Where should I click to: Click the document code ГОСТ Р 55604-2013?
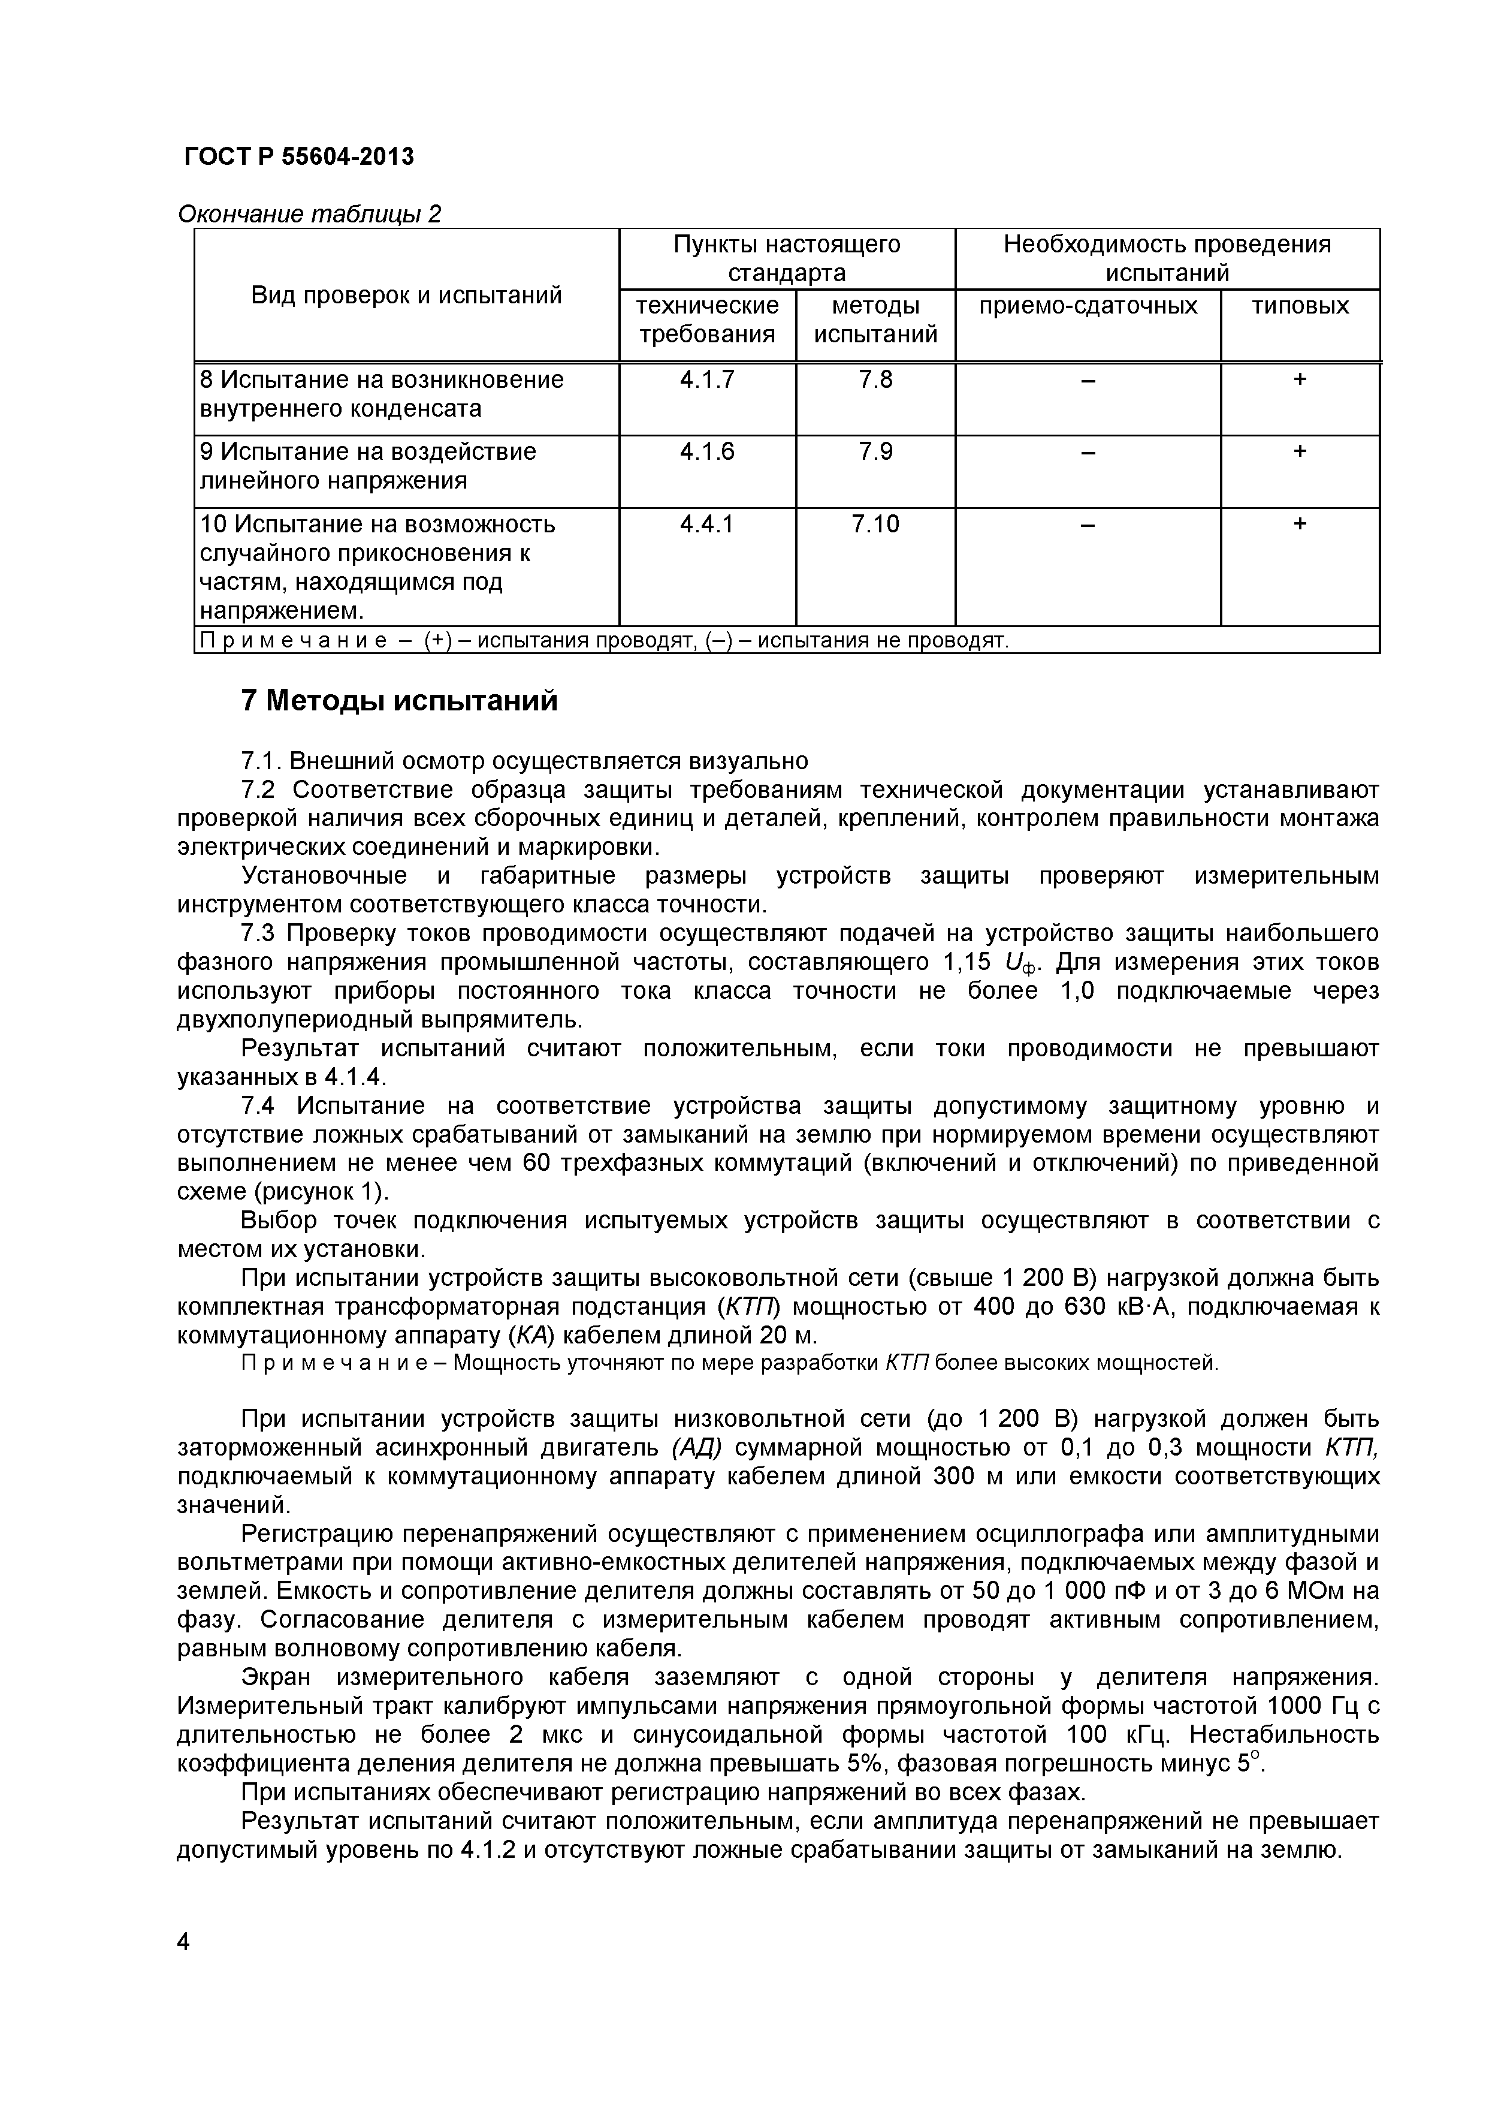[x=298, y=158]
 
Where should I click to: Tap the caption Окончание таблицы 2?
[x=309, y=215]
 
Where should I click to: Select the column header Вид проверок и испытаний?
[x=406, y=295]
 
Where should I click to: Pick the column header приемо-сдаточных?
[x=1088, y=306]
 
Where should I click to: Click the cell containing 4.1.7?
[x=707, y=379]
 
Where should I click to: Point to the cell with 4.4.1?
[x=707, y=524]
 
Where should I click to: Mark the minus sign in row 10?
[x=1088, y=525]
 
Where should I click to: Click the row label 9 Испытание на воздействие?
[x=368, y=451]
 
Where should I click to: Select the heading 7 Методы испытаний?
[x=398, y=701]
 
